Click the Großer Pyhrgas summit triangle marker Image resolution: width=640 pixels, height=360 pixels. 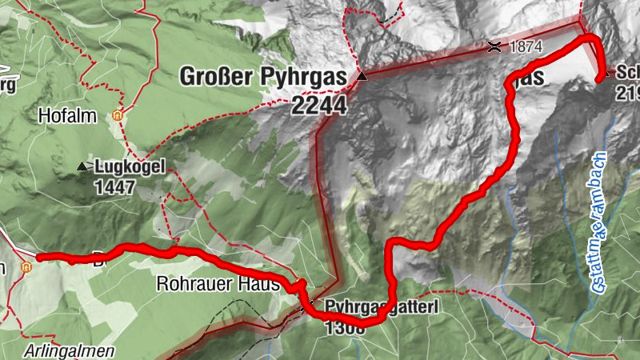point(362,76)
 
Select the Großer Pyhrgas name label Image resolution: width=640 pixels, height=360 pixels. point(262,78)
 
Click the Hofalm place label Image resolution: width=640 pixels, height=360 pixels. point(67,117)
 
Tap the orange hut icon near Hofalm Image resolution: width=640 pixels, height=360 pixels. point(118,115)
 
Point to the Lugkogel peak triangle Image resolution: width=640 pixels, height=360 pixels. point(82,166)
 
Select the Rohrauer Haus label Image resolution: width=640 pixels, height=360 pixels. point(218,283)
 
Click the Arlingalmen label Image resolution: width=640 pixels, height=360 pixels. point(69,351)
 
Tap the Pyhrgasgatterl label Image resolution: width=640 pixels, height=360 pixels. point(372,307)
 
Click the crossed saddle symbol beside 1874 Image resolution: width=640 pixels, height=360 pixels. point(495,46)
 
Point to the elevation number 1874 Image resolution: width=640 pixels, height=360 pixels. point(526,47)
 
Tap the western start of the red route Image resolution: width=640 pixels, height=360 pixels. point(38,257)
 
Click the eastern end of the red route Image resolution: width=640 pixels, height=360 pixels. point(600,78)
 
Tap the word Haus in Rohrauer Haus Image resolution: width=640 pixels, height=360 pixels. point(262,283)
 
